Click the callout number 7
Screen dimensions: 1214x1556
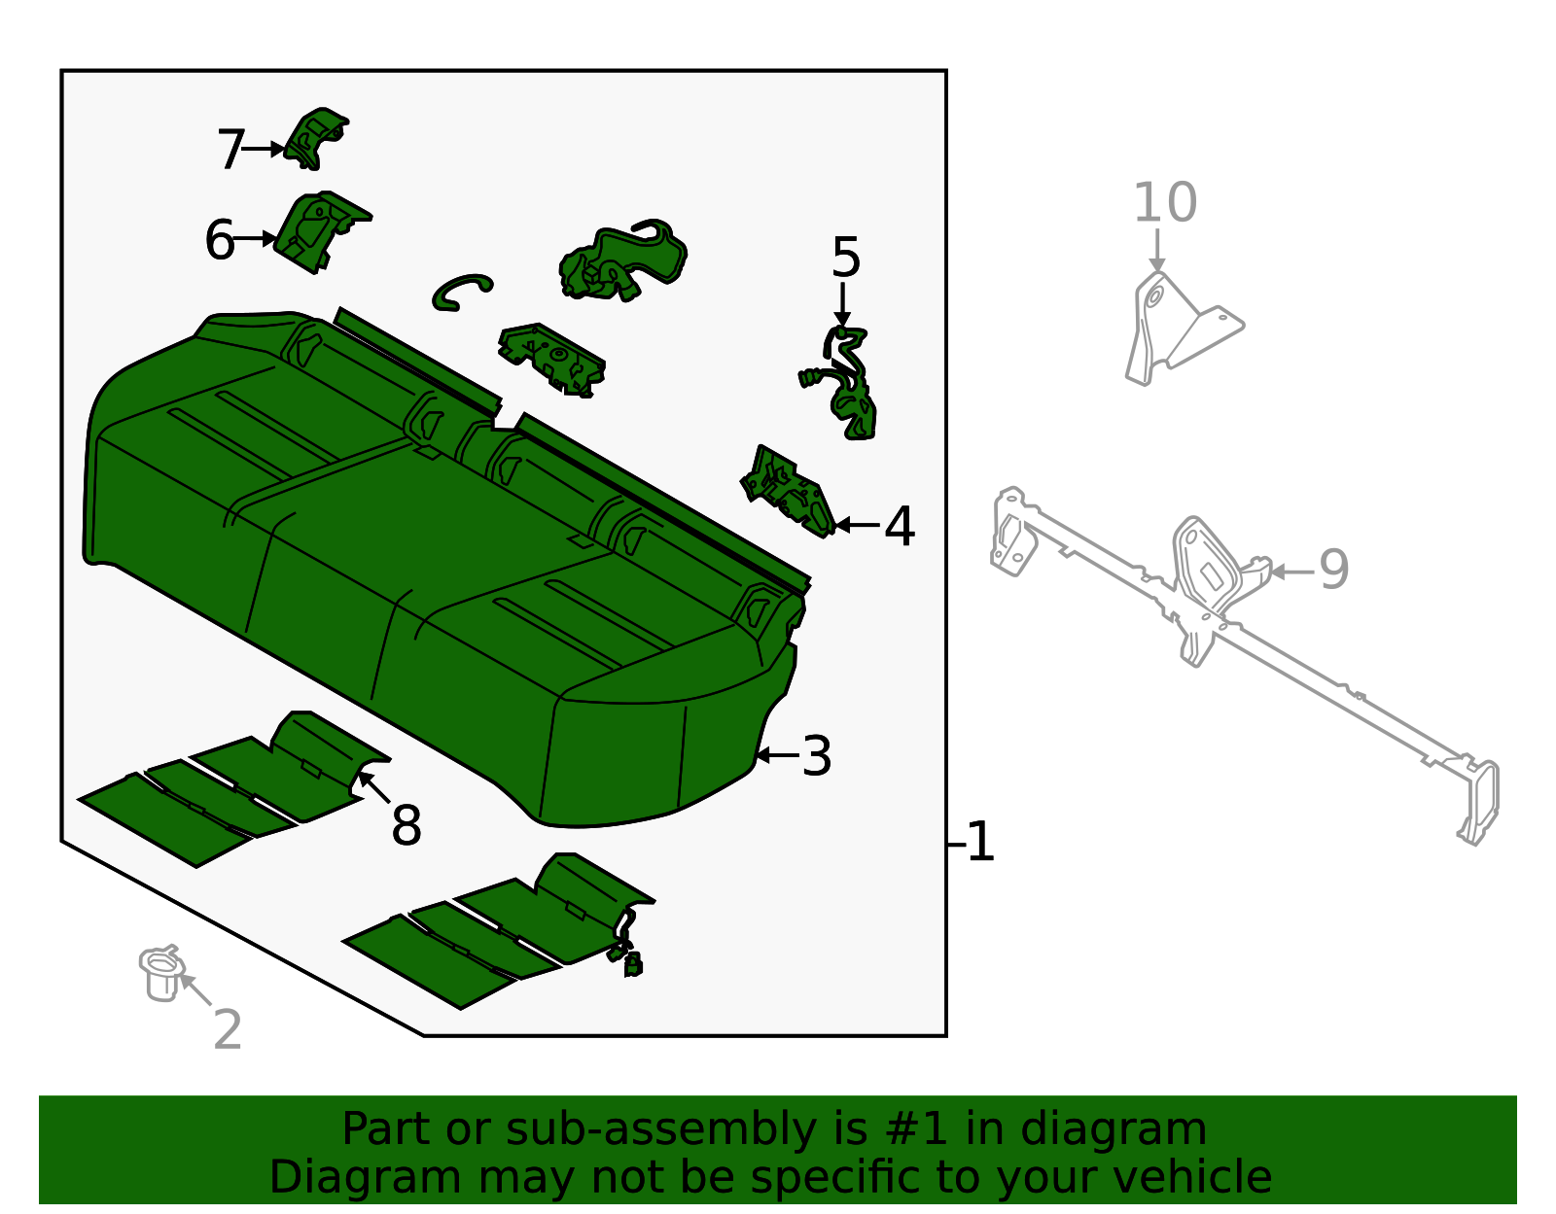tap(230, 151)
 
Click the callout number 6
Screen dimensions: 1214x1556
tap(220, 240)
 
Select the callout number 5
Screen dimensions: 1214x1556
tap(845, 259)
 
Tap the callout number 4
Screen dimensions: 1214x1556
tap(900, 527)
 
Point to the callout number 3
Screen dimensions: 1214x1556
tap(817, 756)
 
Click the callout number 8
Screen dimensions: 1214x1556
tap(407, 826)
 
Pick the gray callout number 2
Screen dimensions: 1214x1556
tap(228, 1029)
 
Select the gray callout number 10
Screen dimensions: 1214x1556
tap(1164, 203)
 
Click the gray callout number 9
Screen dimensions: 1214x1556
tap(1334, 570)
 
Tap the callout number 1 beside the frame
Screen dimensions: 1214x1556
tap(980, 842)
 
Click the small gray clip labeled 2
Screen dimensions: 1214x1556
tap(161, 972)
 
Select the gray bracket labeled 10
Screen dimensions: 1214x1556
tap(1177, 326)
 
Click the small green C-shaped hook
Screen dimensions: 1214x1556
tap(460, 291)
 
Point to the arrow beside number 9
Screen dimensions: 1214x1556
tap(1291, 572)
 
